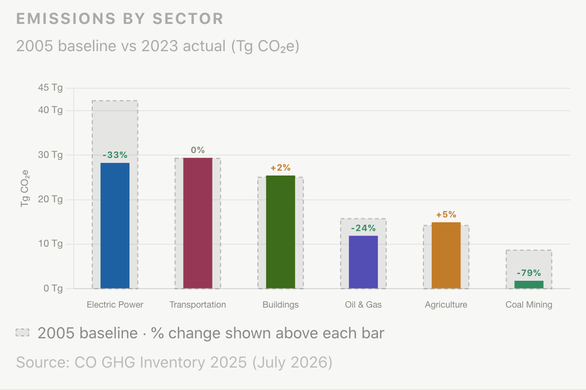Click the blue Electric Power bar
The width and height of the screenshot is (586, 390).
(115, 226)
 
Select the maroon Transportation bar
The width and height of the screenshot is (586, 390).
(198, 223)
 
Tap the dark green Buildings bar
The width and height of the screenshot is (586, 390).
(280, 232)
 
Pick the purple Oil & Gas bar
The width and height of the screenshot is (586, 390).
(363, 262)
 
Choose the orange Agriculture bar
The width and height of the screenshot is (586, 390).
(446, 255)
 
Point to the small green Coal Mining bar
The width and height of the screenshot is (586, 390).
(529, 285)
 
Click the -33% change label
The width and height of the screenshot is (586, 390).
(115, 155)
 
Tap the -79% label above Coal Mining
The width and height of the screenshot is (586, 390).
(529, 273)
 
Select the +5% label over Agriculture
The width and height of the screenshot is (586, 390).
(446, 214)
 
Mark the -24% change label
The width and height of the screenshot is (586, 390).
(363, 228)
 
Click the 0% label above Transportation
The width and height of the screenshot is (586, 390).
(198, 150)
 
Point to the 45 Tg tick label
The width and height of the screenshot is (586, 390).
(50, 88)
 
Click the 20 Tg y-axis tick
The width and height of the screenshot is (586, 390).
(50, 199)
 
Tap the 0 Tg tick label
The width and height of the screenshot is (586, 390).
(53, 289)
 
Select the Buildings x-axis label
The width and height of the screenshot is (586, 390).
(280, 305)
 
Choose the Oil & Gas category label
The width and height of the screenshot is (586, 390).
(363, 305)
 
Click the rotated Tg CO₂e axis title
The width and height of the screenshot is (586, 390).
(24, 189)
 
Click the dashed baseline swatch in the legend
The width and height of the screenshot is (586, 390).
(22, 332)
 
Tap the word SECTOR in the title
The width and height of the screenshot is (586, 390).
(188, 19)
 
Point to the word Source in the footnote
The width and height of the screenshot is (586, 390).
(43, 362)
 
